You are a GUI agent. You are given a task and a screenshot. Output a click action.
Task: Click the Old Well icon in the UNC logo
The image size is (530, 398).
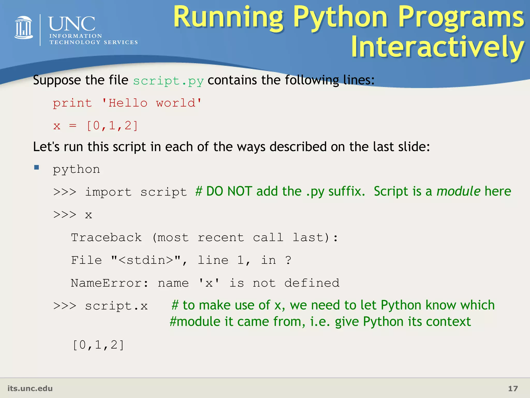[24, 28]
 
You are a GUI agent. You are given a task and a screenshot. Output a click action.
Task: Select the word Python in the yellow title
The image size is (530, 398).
[341, 18]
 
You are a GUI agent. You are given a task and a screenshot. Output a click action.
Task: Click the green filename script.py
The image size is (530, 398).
[168, 81]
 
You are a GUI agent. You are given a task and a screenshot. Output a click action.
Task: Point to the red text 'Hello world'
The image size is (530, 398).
[151, 103]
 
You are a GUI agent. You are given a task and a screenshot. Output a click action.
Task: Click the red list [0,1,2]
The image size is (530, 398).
[112, 126]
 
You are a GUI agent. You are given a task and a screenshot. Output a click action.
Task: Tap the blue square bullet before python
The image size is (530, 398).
[36, 167]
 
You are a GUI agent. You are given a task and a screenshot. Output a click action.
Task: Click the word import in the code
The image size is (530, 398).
[108, 192]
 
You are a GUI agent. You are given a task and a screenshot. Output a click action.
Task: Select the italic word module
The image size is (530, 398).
[458, 191]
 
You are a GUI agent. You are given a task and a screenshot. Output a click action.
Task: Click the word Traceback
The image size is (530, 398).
[106, 238]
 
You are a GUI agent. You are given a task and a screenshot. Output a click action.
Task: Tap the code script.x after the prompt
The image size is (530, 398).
[116, 306]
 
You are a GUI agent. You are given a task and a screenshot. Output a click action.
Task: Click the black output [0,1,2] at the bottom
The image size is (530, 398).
[98, 345]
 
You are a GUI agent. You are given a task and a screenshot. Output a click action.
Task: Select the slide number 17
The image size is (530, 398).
[513, 389]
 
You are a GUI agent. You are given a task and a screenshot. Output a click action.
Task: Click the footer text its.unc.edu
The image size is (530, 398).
[30, 388]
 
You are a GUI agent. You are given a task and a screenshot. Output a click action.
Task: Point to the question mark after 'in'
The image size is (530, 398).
[288, 260]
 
